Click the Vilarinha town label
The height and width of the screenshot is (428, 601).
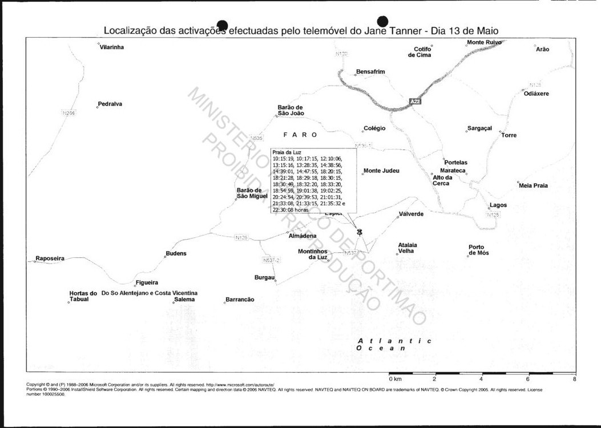click(x=112, y=47)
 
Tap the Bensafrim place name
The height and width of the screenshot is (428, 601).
click(x=370, y=72)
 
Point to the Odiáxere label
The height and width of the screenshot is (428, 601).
click(x=537, y=94)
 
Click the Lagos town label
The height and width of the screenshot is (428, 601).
click(x=498, y=205)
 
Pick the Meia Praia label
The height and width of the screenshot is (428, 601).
click(x=533, y=185)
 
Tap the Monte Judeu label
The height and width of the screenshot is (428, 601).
click(x=381, y=171)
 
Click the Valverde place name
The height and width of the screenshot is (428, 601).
click(x=411, y=214)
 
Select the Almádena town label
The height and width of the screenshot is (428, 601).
click(x=302, y=236)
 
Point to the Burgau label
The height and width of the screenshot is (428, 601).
click(x=264, y=277)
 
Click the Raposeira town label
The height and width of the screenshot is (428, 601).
click(x=50, y=259)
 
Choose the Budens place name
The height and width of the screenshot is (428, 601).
click(x=176, y=253)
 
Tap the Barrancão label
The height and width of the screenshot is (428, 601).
click(x=240, y=300)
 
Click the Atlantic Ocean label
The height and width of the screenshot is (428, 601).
click(x=394, y=344)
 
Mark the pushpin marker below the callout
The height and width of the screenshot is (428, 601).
click(x=359, y=231)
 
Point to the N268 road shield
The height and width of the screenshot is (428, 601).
click(x=68, y=113)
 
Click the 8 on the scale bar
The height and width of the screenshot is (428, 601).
click(x=574, y=379)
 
